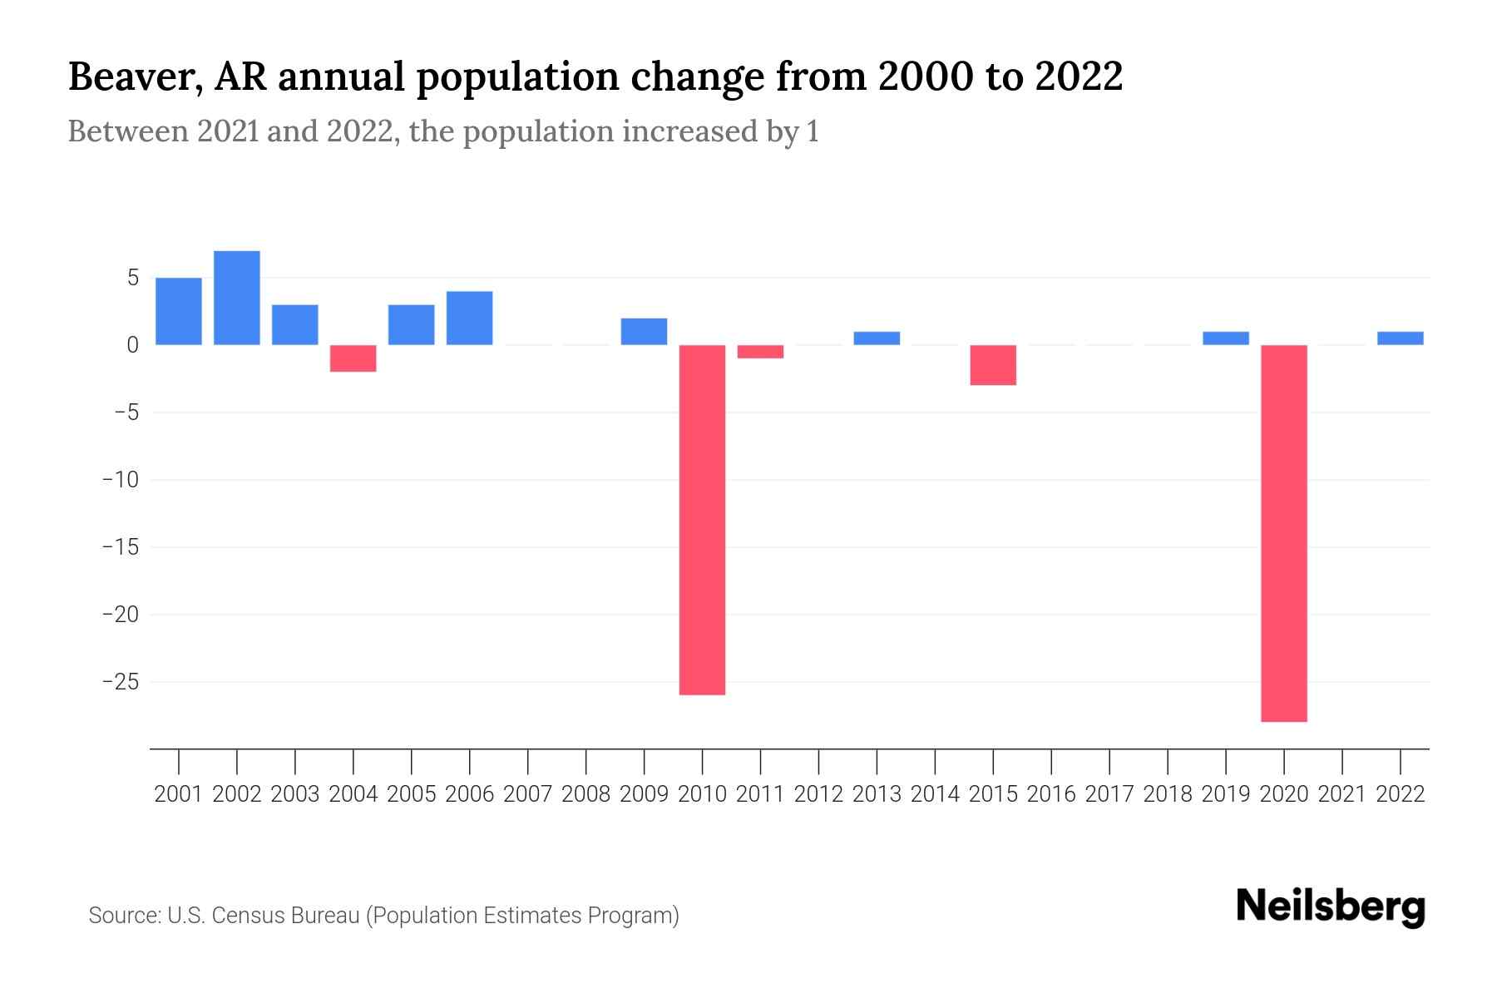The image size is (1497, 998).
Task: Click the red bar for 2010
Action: click(702, 520)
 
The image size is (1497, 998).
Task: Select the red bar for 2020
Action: click(1284, 533)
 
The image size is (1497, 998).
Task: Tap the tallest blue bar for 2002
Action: click(237, 298)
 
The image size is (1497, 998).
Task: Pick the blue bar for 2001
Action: click(179, 311)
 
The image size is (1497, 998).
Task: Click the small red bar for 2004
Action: click(353, 358)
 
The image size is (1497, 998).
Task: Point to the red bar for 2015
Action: click(993, 365)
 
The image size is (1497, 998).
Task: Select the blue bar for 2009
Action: click(644, 331)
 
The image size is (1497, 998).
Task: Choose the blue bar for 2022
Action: click(1401, 338)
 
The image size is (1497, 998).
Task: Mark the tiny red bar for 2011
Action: click(760, 352)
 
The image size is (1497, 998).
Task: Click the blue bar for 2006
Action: click(470, 318)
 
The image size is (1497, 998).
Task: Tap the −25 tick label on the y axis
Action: click(120, 682)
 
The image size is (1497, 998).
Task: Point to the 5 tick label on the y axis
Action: click(132, 278)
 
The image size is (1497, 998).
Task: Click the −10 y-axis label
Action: click(120, 480)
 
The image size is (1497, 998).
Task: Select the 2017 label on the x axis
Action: click(1109, 794)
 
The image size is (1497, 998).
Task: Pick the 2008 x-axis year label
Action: click(585, 794)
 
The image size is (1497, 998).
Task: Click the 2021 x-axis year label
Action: click(1342, 794)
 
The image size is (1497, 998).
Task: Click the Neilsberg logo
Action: click(1331, 907)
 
